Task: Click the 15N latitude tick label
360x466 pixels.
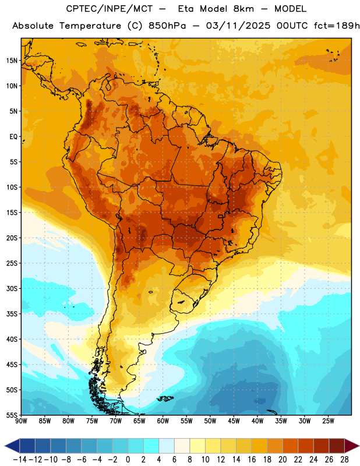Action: (12, 61)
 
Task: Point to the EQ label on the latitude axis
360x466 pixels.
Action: (13, 137)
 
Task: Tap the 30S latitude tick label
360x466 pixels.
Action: (12, 288)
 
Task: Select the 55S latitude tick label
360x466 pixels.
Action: (12, 415)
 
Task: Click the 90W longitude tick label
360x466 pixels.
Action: (21, 421)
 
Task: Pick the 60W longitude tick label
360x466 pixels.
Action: (163, 421)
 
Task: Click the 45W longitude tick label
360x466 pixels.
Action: (234, 421)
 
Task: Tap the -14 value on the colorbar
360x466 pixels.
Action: (20, 460)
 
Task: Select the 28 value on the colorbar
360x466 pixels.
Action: (344, 460)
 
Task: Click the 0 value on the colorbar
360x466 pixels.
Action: (128, 460)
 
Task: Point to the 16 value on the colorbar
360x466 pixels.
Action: (252, 460)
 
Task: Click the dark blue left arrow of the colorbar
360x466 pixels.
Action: (12, 446)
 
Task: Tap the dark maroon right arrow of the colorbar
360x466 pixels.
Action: (352, 446)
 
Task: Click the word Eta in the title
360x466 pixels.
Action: (186, 9)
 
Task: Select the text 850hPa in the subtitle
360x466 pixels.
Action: (167, 26)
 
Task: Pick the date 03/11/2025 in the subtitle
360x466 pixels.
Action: (238, 26)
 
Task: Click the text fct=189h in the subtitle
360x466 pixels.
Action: (337, 26)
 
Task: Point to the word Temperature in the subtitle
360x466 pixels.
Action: (90, 26)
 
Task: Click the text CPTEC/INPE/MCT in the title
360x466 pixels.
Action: (108, 9)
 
